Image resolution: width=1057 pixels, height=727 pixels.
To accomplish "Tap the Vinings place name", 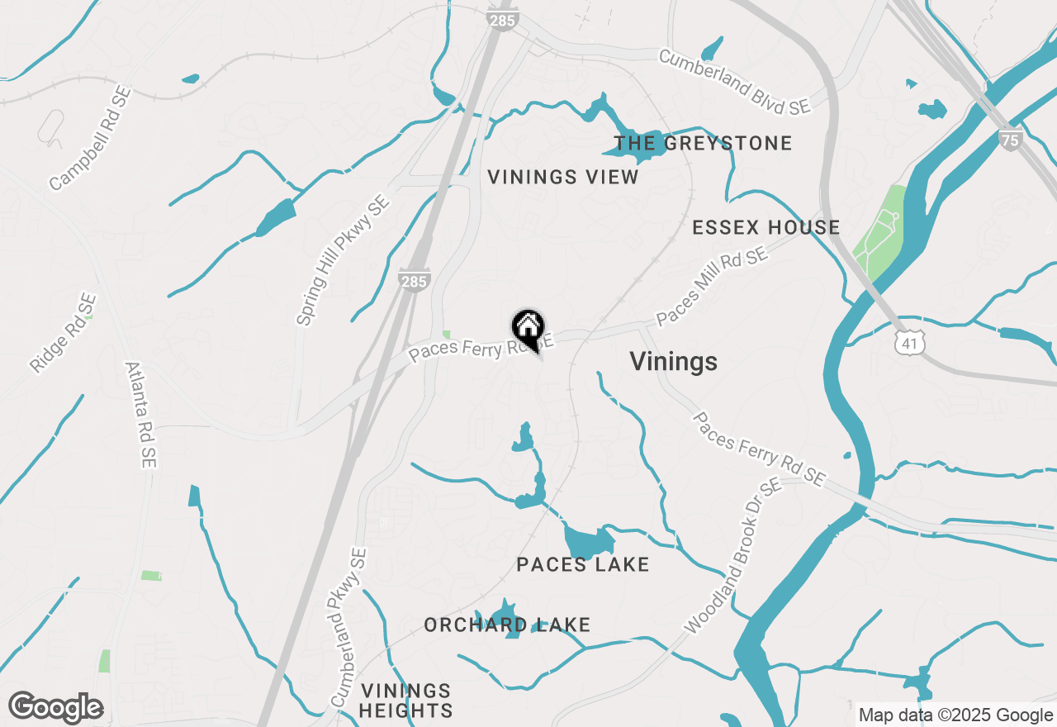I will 673,362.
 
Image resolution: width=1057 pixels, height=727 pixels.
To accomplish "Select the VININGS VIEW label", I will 563,177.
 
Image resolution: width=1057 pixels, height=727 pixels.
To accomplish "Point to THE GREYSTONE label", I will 703,143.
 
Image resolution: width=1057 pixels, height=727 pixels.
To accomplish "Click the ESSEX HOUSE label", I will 765,227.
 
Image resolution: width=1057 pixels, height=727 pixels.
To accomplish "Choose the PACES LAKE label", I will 582,564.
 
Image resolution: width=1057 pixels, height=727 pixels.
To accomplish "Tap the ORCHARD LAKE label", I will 507,625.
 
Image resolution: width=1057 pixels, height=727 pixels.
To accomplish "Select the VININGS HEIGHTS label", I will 406,701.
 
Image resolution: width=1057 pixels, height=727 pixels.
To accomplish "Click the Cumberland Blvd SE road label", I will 734,82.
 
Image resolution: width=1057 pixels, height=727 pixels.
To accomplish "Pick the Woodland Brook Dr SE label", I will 733,557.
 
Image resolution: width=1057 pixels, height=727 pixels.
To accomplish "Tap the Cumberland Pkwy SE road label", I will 347,629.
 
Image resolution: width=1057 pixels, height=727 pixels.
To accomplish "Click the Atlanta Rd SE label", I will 141,415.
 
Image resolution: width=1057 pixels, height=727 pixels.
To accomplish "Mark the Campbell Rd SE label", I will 90,140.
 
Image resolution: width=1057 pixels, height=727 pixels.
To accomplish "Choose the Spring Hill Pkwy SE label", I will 343,260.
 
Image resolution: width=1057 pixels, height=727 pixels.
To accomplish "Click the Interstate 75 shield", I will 1010,139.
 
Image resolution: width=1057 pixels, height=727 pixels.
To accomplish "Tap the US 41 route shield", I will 909,341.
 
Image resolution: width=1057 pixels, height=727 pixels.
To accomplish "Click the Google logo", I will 56,707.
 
